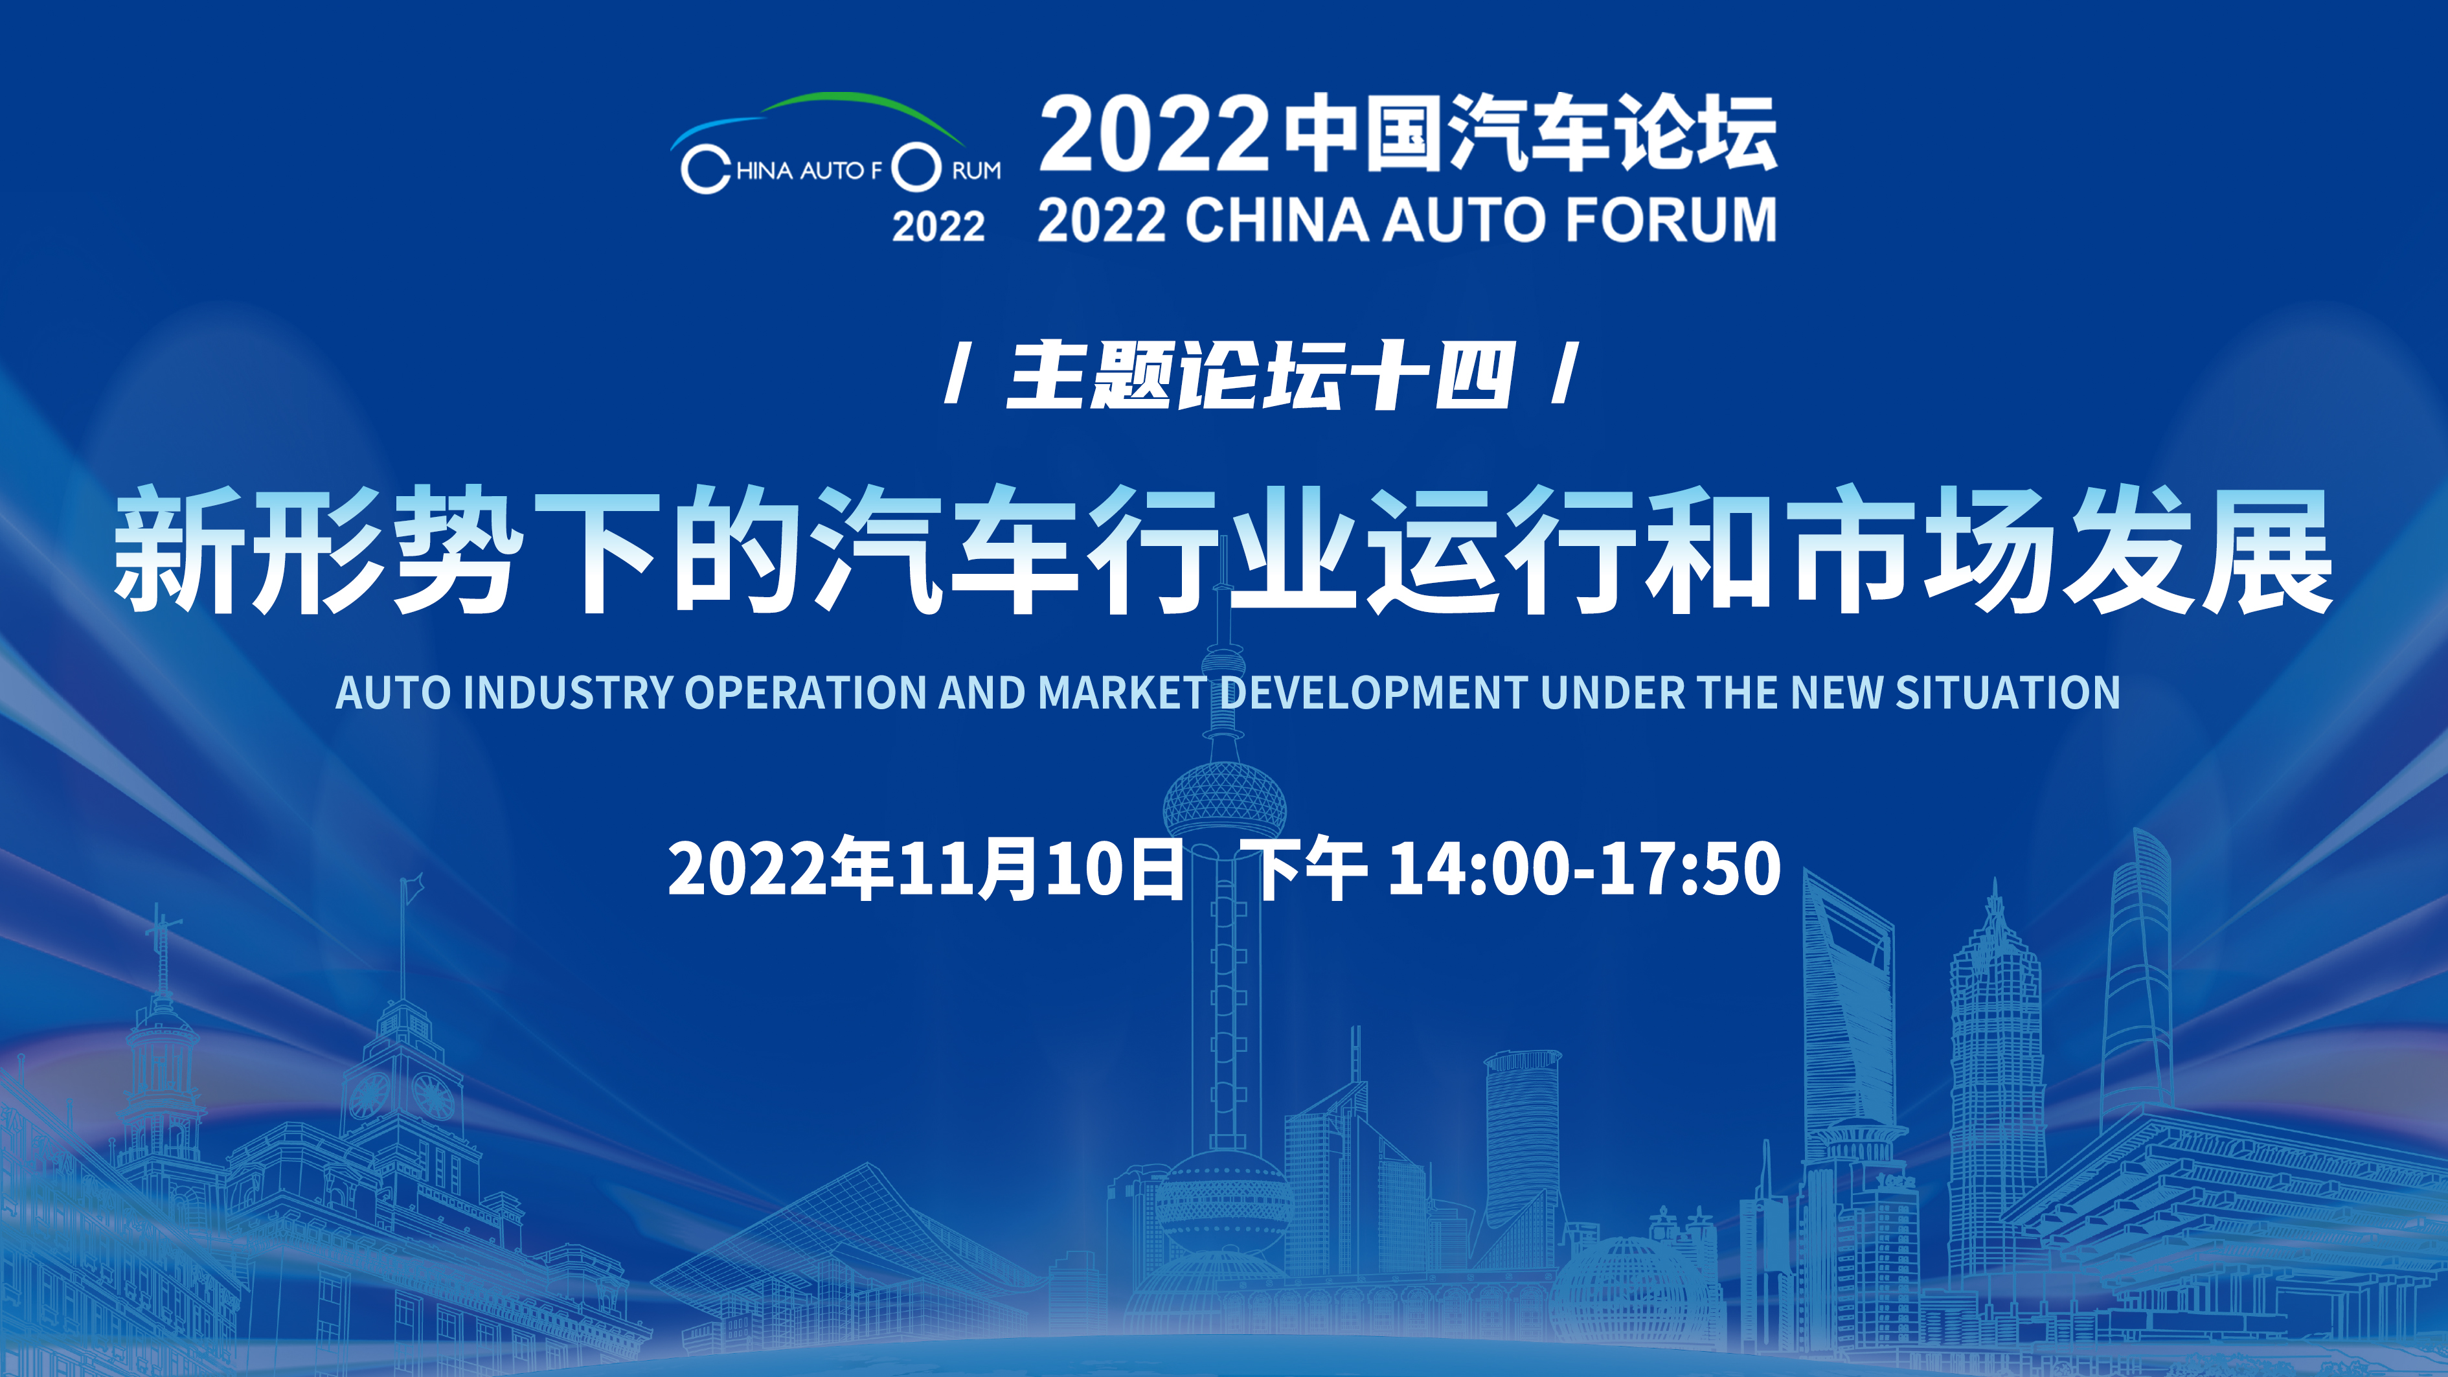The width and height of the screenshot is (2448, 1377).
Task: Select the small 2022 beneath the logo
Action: [x=938, y=226]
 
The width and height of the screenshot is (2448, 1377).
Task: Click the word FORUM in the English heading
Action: [x=1671, y=220]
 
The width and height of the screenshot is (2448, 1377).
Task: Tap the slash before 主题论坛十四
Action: [x=957, y=374]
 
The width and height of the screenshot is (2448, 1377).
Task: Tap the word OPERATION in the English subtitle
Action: [x=807, y=692]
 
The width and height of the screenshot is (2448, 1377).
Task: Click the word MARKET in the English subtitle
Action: [x=1122, y=692]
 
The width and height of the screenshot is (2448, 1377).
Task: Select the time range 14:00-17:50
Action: [x=1584, y=869]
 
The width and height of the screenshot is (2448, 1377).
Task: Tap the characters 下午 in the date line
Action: [x=1309, y=868]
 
